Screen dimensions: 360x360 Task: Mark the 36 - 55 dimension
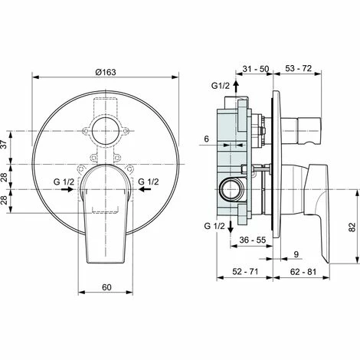251,241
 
